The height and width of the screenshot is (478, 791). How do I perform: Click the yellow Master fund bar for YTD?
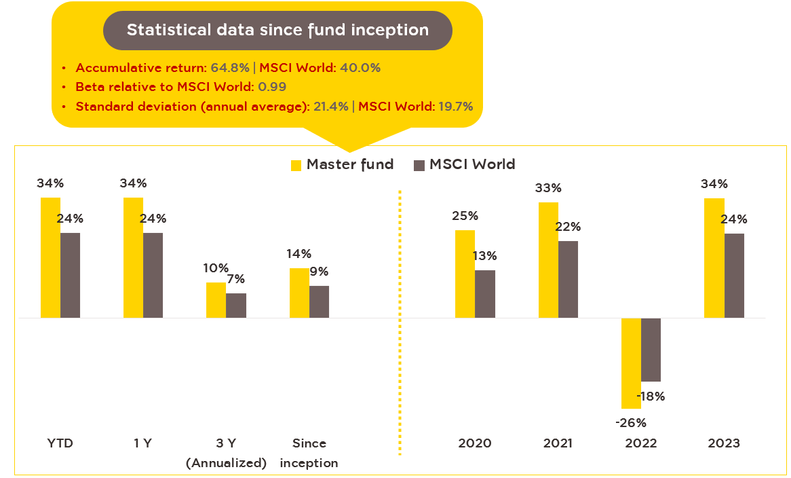click(50, 257)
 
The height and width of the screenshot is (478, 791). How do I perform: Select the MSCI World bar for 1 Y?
click(153, 275)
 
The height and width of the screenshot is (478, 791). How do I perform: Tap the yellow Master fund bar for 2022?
click(631, 363)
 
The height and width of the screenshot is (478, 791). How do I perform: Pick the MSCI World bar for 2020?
click(485, 294)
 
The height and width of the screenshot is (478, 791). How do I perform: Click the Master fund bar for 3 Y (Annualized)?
click(216, 300)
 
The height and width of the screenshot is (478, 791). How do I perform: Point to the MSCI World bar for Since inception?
click(319, 301)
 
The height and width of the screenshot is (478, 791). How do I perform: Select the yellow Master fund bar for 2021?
click(548, 260)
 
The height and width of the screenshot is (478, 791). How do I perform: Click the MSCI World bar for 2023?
click(734, 276)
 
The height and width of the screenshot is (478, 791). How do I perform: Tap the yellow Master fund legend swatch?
click(296, 165)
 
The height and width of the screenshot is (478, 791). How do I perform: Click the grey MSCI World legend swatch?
click(419, 165)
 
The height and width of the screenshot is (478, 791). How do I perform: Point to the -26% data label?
click(630, 422)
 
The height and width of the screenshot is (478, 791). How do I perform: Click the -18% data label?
click(650, 397)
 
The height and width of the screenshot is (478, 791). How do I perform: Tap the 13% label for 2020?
click(485, 256)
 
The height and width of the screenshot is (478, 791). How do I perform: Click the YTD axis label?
click(60, 443)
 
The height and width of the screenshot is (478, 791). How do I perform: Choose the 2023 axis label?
click(724, 443)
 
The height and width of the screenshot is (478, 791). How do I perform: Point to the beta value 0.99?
click(272, 87)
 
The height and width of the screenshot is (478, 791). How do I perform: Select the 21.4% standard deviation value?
click(331, 106)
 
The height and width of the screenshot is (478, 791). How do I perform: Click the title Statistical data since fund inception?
click(277, 31)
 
